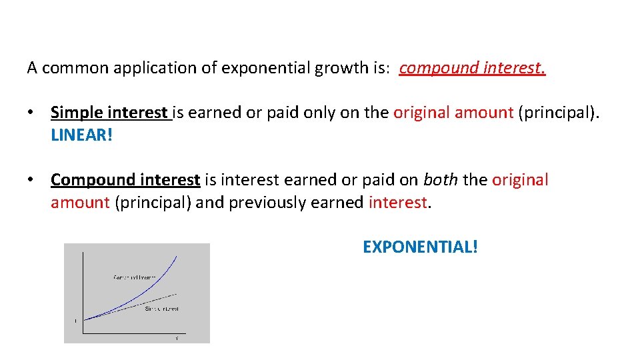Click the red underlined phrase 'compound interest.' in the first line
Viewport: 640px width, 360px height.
coord(472,68)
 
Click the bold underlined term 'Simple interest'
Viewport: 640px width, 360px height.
coord(110,113)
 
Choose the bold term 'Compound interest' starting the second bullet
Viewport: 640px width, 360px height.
coord(125,180)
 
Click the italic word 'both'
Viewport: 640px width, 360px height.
coord(439,180)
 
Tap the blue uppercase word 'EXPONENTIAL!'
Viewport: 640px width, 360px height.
coord(420,247)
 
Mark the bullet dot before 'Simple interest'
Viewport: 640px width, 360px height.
coord(31,113)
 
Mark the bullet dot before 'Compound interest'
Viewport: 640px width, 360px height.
coord(31,180)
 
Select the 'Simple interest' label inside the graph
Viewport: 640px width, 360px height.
coord(162,309)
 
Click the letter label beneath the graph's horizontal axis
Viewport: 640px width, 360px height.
coord(177,339)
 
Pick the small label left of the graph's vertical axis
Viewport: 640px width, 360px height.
coord(75,321)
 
